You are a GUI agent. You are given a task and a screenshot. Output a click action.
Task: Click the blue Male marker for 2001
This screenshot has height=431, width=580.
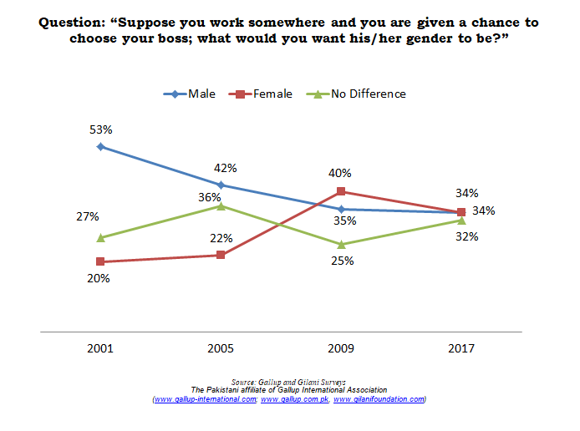[x=100, y=147]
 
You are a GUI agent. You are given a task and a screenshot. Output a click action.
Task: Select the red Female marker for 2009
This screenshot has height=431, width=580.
[x=341, y=191]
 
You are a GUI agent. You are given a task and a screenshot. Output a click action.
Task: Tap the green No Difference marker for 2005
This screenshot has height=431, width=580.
[x=221, y=205]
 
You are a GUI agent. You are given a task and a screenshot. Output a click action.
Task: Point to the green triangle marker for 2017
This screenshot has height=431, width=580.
[x=461, y=221]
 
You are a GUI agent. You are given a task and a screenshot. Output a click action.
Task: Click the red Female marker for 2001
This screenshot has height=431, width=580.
[x=100, y=261]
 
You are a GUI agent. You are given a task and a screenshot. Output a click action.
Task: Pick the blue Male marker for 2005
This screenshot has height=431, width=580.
[x=221, y=185]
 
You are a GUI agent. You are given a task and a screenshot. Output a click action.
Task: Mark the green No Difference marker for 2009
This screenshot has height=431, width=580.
[x=342, y=245]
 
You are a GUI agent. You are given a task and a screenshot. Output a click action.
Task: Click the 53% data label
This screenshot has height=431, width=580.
[x=101, y=129]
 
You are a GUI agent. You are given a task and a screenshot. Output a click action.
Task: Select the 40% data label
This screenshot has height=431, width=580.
[x=340, y=173]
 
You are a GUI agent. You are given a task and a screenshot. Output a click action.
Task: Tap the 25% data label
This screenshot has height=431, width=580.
[x=343, y=261]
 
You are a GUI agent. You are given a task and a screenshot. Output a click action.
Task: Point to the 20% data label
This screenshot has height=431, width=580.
[x=99, y=278]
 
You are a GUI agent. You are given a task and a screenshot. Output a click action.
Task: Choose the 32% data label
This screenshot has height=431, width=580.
[x=467, y=236]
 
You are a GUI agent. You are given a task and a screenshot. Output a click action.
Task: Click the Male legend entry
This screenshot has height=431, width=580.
[x=190, y=94]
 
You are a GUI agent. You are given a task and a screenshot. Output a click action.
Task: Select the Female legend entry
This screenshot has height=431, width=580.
[x=261, y=94]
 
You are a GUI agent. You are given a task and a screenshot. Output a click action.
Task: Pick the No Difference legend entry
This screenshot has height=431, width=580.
[x=356, y=94]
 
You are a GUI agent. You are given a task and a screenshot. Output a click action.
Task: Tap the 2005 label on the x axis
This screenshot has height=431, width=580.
[x=221, y=348]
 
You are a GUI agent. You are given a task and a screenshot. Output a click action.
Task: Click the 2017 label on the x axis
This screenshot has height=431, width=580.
[x=461, y=348]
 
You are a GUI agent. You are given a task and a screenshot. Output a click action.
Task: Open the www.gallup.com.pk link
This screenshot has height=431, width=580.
[x=295, y=399]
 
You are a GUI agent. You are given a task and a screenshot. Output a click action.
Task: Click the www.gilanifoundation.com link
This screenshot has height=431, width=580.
[x=379, y=399]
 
